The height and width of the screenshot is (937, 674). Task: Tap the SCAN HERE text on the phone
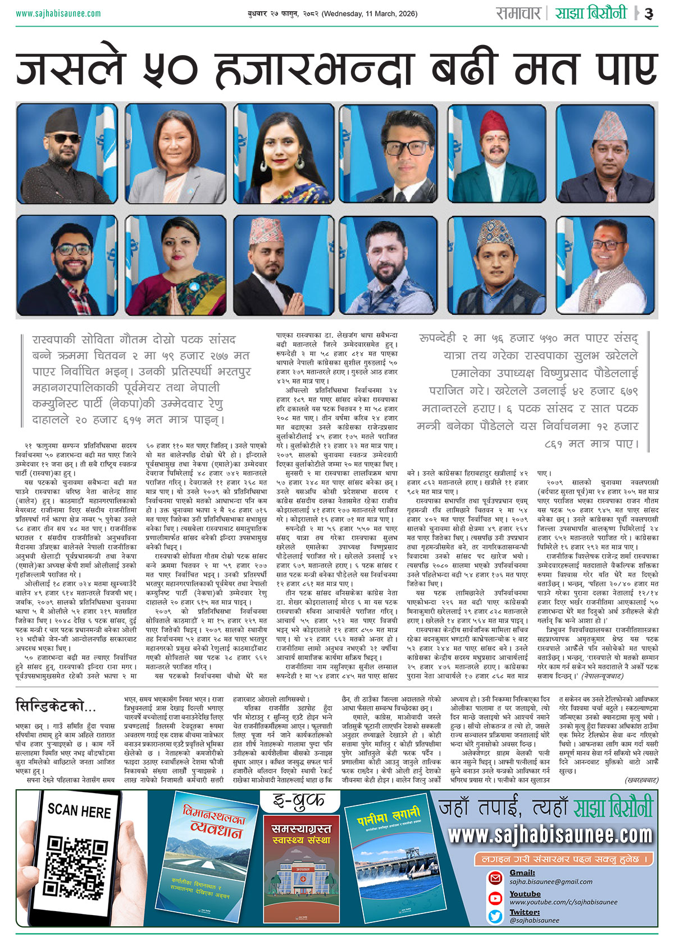click(x=79, y=811)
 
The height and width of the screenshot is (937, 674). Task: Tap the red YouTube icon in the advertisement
click(x=495, y=898)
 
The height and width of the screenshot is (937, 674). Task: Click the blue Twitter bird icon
click(x=495, y=917)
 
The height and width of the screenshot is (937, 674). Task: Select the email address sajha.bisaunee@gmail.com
click(x=543, y=882)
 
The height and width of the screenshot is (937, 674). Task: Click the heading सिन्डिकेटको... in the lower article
click(x=56, y=706)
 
